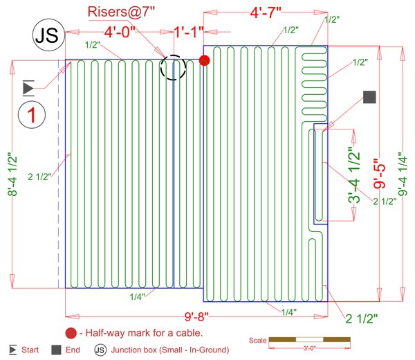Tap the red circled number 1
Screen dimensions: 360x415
click(x=32, y=115)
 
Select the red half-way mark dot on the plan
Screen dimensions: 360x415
click(x=204, y=60)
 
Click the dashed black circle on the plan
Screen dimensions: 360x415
click(x=174, y=67)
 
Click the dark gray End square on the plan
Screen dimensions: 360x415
click(x=369, y=98)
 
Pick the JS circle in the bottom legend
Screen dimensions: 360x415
click(x=101, y=349)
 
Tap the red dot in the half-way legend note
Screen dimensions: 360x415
click(x=71, y=332)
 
